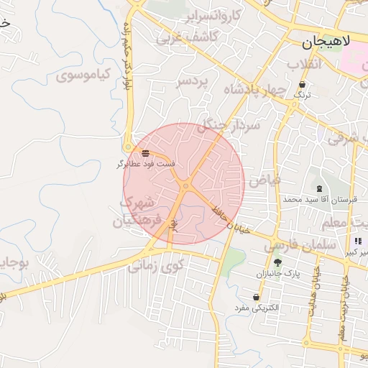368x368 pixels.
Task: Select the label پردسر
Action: (191, 82)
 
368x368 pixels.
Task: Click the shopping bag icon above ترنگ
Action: (303, 83)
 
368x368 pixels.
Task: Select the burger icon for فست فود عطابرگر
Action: (146, 153)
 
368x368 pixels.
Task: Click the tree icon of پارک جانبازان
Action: (277, 262)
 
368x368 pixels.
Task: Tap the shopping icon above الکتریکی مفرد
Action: (256, 297)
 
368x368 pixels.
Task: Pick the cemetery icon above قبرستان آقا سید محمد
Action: (319, 188)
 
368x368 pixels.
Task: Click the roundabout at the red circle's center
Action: (185, 186)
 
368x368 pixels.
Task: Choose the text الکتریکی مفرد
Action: (257, 308)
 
